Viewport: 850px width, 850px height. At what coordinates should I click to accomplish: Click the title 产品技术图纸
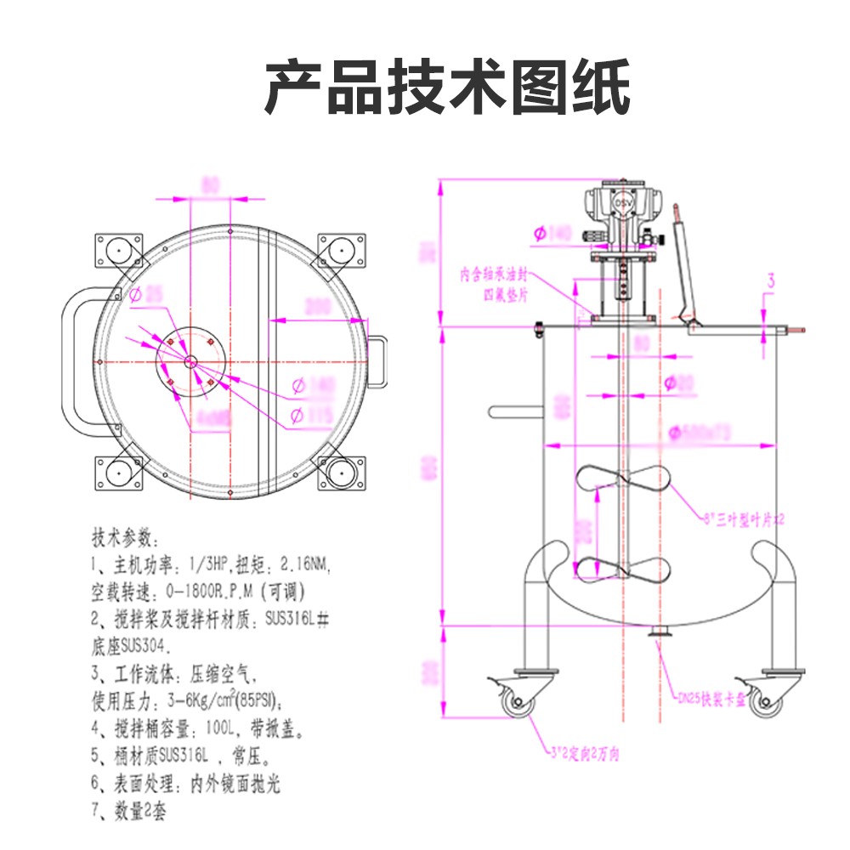coord(447,88)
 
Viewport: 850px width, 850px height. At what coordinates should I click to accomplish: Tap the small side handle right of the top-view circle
coord(377,362)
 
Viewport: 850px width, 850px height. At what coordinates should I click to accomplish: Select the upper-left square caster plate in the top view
coord(117,251)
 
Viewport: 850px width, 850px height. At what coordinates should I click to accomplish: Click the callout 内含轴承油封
coord(500,275)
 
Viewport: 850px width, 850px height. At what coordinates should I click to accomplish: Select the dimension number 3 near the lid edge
coord(771,280)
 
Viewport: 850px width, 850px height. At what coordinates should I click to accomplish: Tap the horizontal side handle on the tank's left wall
coord(515,411)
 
